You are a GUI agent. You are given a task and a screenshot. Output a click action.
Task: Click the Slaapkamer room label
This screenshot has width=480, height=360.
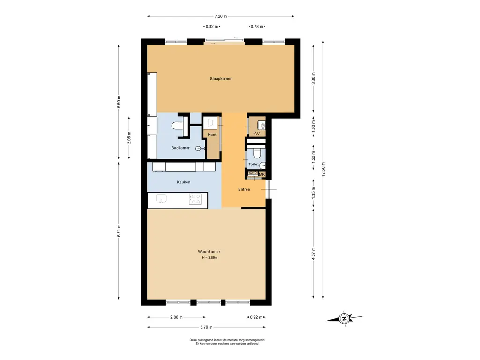(221, 79)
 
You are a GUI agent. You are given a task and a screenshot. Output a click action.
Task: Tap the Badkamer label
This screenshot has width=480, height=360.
(180, 148)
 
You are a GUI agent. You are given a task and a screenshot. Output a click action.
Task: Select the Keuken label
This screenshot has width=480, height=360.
(183, 182)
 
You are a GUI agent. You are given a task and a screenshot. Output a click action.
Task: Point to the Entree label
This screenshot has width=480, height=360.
(244, 189)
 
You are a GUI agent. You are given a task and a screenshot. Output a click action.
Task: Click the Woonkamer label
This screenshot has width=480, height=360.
(209, 252)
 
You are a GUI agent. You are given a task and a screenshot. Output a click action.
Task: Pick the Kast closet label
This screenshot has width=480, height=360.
(212, 135)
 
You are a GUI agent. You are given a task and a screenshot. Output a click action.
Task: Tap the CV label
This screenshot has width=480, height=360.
(257, 134)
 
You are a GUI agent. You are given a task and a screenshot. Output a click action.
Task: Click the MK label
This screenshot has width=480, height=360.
(262, 174)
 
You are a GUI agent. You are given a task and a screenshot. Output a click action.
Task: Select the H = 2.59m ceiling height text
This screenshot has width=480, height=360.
(210, 258)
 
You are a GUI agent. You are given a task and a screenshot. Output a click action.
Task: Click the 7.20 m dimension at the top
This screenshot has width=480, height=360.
(221, 16)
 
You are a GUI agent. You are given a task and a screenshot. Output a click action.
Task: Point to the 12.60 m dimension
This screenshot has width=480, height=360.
(323, 169)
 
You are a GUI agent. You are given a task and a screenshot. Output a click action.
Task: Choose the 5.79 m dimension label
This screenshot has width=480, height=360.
(206, 327)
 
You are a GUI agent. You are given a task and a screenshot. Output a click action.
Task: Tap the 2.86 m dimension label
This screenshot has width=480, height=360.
(176, 317)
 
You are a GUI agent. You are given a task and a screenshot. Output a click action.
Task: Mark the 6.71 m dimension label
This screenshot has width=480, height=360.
(119, 231)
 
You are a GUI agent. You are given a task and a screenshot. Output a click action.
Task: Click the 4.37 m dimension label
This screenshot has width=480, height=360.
(313, 254)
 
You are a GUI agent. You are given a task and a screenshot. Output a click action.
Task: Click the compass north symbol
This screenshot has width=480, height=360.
(344, 319)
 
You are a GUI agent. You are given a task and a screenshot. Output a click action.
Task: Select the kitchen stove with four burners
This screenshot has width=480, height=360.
(195, 199)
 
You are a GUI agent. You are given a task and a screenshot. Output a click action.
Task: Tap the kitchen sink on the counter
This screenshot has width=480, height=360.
(161, 199)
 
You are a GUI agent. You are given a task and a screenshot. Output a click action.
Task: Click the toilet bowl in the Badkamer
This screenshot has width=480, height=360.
(177, 126)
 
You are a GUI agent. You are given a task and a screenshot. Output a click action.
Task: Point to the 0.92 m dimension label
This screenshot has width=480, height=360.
(256, 317)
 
